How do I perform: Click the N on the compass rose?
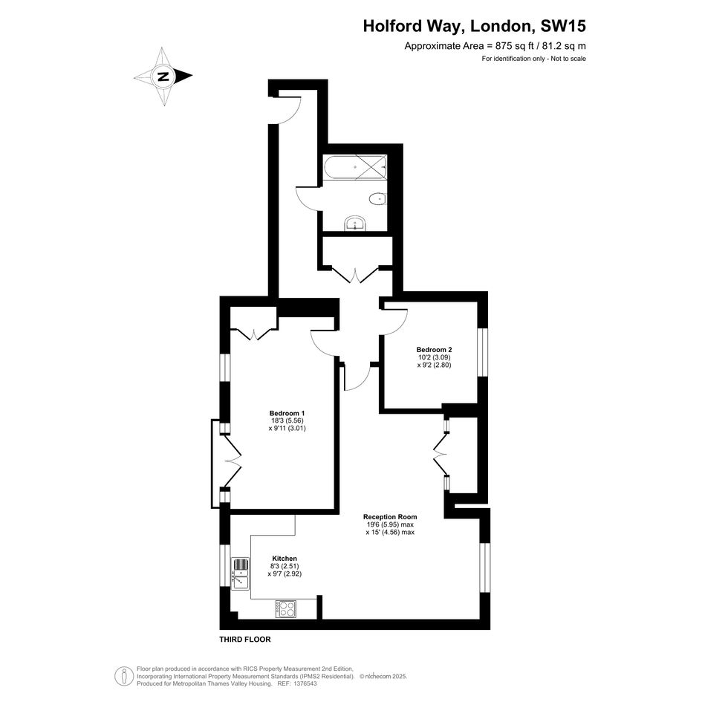click(x=163, y=76)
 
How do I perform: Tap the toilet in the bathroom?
click(x=378, y=198)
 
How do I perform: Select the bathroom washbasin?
click(x=356, y=224)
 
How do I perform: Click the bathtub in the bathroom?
click(x=356, y=169)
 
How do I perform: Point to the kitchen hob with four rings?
click(x=286, y=609)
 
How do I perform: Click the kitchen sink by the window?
click(x=240, y=574)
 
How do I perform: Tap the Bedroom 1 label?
click(x=287, y=413)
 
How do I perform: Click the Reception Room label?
click(x=390, y=516)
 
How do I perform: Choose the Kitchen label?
click(x=285, y=559)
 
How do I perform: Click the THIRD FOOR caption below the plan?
click(x=245, y=640)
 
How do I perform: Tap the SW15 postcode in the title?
click(x=563, y=26)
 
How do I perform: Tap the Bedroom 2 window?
click(x=481, y=352)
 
